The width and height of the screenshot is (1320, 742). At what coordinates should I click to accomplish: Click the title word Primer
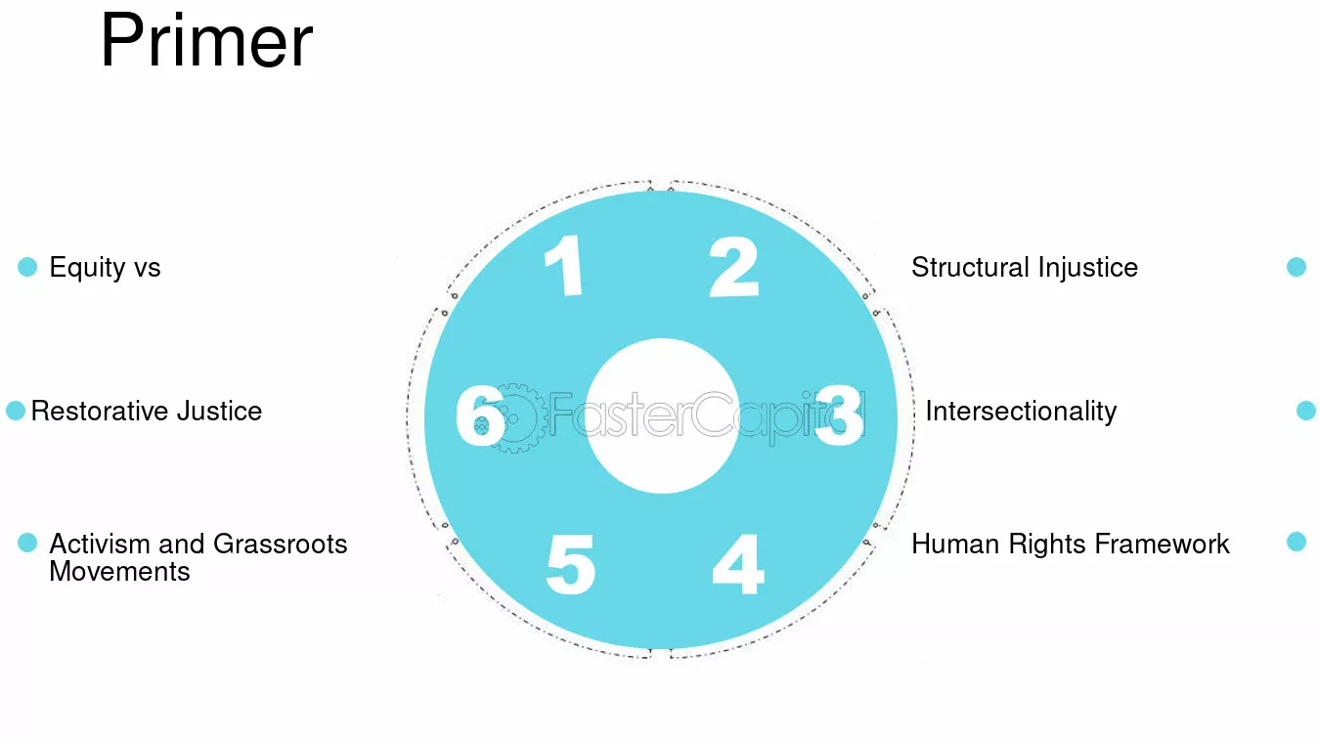coord(206,41)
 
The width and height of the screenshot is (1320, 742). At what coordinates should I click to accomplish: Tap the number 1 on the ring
coord(564,265)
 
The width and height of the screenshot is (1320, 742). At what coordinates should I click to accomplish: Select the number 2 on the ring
coord(733,267)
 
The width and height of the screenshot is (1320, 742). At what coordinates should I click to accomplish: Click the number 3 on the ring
coord(840,415)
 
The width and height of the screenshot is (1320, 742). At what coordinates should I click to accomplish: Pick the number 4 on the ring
coord(738,564)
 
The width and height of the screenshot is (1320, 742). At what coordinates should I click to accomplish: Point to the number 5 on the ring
coord(571,564)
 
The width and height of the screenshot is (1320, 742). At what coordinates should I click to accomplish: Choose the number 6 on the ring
coord(480,415)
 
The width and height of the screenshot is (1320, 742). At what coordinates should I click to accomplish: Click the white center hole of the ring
coord(662,415)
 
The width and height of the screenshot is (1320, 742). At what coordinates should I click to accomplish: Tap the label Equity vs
coord(105,268)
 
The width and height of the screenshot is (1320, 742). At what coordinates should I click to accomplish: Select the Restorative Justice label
coord(146,411)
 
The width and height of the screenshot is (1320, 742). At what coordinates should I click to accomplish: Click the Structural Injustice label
coord(1025,267)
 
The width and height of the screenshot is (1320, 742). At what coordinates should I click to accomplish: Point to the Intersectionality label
coord(1021,412)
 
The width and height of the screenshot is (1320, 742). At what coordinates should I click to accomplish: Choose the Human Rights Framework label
coord(1071,544)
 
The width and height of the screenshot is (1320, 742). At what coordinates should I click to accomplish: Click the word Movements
coord(119,572)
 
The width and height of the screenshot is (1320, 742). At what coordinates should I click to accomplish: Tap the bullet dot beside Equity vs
coord(27,267)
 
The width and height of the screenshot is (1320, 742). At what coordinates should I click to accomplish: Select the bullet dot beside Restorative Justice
coord(16,411)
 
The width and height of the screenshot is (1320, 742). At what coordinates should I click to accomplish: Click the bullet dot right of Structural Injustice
coord(1296,267)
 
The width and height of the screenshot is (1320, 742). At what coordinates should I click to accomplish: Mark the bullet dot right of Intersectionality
coord(1306,411)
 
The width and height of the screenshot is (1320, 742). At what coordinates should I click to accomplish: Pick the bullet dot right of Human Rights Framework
coord(1296,542)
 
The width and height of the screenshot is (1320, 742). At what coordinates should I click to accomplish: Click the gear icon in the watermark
coord(514,417)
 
